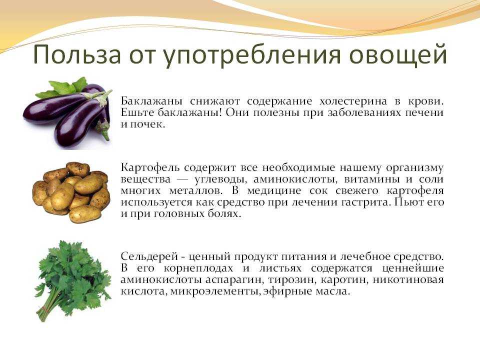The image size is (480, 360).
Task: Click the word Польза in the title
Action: [x=77, y=55]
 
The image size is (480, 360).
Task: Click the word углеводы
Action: [x=220, y=179]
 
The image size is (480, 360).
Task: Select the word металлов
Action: [x=196, y=190]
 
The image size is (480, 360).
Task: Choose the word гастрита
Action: [x=363, y=202]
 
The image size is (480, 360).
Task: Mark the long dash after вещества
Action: [x=182, y=179]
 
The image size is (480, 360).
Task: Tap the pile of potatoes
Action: [x=71, y=192]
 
